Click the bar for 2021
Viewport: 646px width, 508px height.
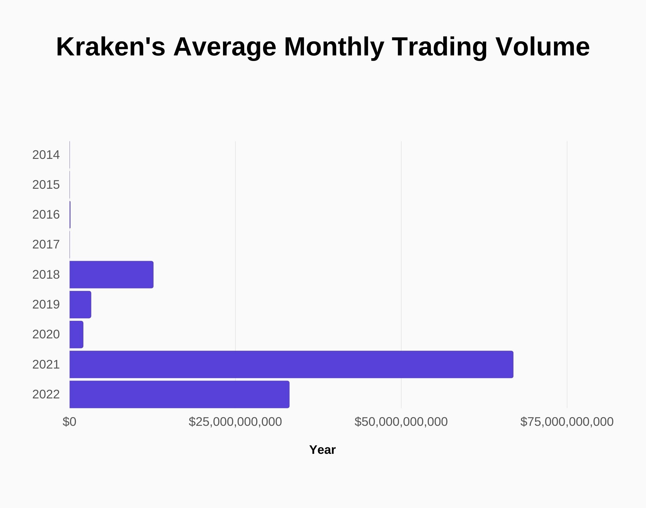tap(291, 364)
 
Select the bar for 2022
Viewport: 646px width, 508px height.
tap(179, 394)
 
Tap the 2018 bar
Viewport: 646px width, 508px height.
tap(111, 275)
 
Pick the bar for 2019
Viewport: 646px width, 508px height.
tap(80, 304)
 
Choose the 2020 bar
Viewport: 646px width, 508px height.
tap(76, 334)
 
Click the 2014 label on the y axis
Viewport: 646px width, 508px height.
tap(46, 155)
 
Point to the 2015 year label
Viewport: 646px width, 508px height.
tap(46, 185)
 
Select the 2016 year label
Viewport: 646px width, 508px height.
tap(46, 215)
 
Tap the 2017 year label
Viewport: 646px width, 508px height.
tap(46, 244)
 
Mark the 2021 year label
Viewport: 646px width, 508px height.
tap(46, 365)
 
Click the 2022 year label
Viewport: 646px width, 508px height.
tap(46, 394)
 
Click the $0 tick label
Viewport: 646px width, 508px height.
tap(69, 422)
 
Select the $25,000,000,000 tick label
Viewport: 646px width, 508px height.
tap(235, 422)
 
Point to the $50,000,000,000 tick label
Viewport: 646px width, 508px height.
tap(401, 422)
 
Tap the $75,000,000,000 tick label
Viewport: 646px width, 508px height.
tap(567, 422)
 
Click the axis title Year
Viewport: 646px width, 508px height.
tap(322, 450)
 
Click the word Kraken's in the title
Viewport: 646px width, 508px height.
tap(111, 47)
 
